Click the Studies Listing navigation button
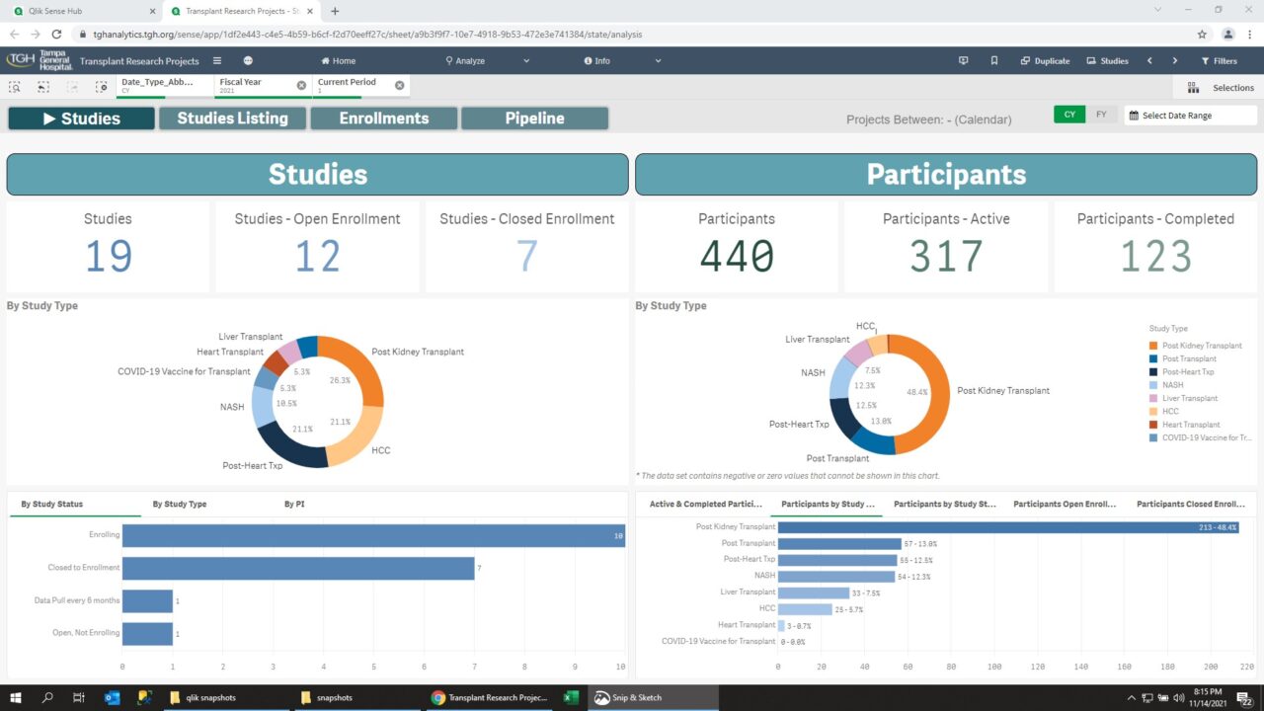tap(233, 118)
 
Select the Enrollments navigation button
tap(384, 118)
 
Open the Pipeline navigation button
tap(534, 118)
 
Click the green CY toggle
tap(1069, 115)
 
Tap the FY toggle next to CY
tap(1101, 115)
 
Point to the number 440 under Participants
tap(737, 257)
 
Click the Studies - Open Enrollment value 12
tap(317, 257)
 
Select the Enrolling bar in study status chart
tap(372, 535)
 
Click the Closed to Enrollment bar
tap(297, 568)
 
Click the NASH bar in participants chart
tap(836, 576)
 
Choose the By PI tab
tap(294, 504)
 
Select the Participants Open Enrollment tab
tap(1064, 504)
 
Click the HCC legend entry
tap(1170, 412)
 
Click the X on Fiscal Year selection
tap(301, 86)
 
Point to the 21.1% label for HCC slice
tap(339, 422)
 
